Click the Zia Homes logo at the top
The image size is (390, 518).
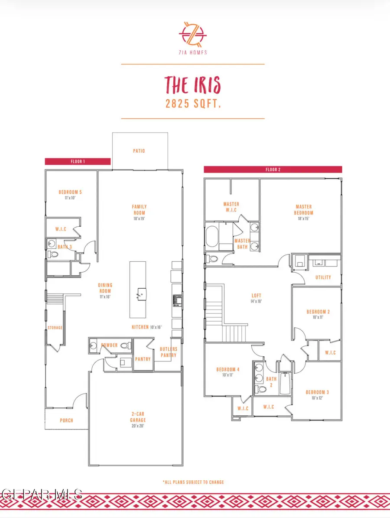(x=192, y=33)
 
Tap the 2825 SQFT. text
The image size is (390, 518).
(x=192, y=104)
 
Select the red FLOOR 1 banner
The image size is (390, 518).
(x=78, y=161)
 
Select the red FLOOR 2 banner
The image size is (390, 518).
(x=273, y=169)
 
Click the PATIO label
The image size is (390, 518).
(x=139, y=151)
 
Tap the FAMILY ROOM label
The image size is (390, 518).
(x=139, y=210)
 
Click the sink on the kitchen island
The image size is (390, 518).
(x=140, y=295)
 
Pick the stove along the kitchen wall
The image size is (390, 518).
(x=177, y=300)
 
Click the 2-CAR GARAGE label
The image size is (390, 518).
(x=138, y=417)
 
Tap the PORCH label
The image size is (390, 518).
(x=66, y=420)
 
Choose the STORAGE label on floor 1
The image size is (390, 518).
(x=55, y=328)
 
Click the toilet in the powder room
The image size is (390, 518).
(x=124, y=346)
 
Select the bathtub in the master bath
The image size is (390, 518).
(x=213, y=237)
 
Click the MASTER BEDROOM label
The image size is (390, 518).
(x=304, y=210)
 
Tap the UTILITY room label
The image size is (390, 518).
(x=323, y=277)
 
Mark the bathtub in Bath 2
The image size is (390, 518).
(x=284, y=383)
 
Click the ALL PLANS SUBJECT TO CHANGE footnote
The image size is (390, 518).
(x=193, y=482)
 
